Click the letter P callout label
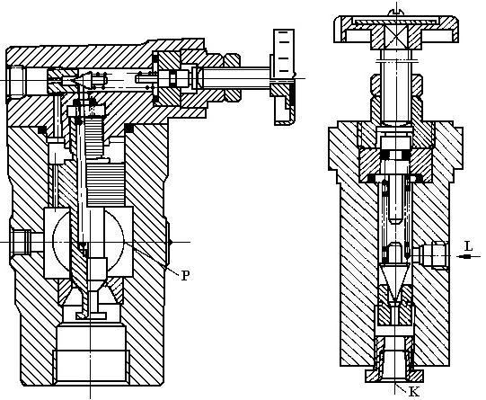click(185, 275)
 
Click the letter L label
click(469, 246)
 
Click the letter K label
click(414, 392)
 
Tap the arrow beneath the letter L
click(469, 256)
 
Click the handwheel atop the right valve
click(396, 30)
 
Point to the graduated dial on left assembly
click(284, 53)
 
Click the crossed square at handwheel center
click(397, 35)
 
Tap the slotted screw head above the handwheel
click(397, 13)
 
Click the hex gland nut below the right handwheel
click(397, 85)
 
